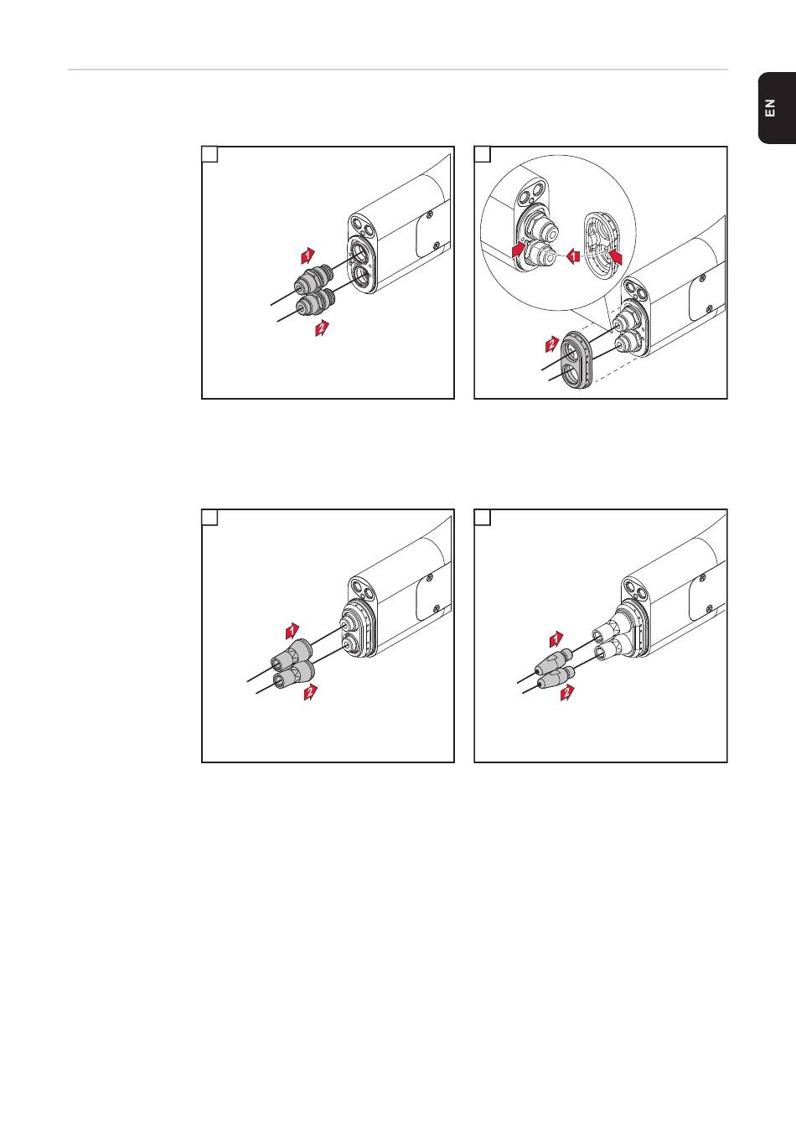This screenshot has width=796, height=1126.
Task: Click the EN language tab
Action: (777, 108)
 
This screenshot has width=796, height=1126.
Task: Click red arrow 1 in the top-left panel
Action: (308, 256)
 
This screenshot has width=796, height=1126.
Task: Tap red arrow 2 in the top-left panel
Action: (322, 328)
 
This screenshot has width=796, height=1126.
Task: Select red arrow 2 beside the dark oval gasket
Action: (552, 343)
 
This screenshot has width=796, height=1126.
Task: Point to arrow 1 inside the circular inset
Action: (572, 256)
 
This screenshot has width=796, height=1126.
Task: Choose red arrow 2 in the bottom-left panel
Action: (310, 692)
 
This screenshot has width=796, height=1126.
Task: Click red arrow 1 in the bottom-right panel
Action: (556, 639)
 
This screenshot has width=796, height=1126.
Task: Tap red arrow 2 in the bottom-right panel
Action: (567, 693)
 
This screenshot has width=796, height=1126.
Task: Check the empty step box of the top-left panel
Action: (209, 154)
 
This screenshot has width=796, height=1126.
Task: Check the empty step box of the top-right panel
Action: (483, 154)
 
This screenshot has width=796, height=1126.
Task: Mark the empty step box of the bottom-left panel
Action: (209, 517)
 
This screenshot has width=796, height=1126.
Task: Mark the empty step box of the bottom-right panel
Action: (483, 517)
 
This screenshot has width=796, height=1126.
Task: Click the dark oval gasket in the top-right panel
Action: (576, 360)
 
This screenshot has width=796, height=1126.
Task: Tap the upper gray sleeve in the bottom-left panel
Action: (291, 654)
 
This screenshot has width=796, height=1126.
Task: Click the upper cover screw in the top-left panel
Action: (429, 215)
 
